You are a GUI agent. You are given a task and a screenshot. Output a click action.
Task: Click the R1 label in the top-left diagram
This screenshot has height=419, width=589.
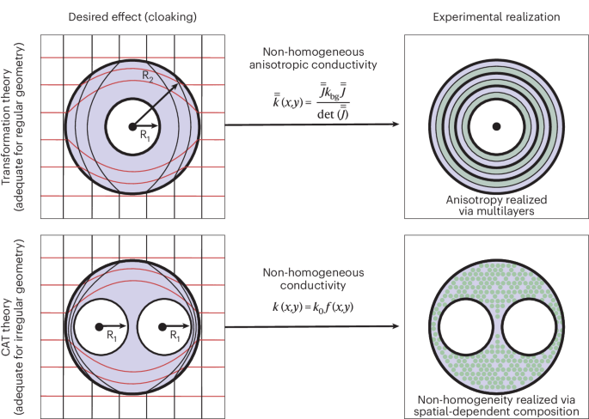(146, 136)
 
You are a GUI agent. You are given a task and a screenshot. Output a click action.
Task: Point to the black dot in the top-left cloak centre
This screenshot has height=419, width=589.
(132, 126)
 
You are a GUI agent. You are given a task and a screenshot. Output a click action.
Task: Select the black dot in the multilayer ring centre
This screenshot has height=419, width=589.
(496, 126)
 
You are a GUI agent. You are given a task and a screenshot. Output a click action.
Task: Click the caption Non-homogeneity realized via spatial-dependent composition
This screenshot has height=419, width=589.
(496, 404)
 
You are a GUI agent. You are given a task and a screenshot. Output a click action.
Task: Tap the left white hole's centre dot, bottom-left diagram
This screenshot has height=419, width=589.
(99, 326)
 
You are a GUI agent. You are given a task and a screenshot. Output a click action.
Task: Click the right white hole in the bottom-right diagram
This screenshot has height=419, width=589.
(528, 328)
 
